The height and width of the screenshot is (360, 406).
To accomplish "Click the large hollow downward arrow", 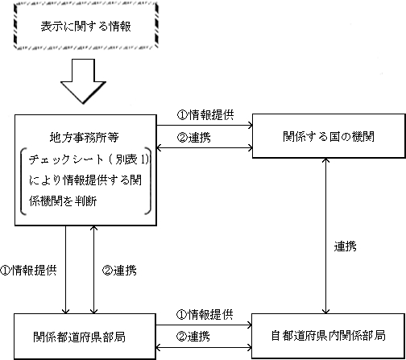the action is click(x=83, y=81).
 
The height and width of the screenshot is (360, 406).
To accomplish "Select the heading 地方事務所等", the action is click(x=84, y=138).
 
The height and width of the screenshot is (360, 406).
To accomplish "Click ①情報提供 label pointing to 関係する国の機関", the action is click(x=205, y=115).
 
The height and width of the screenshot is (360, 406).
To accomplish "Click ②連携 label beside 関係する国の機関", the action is click(x=193, y=138).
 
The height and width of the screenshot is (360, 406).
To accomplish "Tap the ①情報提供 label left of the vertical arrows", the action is click(x=28, y=270).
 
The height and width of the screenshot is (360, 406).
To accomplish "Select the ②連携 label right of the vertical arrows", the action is click(x=119, y=270).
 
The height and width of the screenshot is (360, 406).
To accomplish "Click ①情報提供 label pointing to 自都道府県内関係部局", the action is click(x=205, y=314).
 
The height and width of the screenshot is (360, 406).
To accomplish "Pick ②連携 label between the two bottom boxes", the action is click(x=193, y=337).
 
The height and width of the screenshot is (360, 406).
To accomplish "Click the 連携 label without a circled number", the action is click(x=345, y=246).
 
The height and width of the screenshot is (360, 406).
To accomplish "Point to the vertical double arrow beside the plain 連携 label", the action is click(x=325, y=236).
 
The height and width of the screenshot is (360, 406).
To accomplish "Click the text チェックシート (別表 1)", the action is click(x=89, y=159).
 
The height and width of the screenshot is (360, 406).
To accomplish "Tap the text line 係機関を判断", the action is click(x=63, y=201).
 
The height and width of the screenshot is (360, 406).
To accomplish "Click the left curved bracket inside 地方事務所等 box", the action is click(x=23, y=181).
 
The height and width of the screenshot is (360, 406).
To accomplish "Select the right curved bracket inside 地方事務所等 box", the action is click(x=148, y=181).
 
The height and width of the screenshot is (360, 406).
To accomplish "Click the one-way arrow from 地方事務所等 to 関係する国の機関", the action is click(x=205, y=125).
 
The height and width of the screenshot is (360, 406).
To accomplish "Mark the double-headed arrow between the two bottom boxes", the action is click(x=204, y=348).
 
